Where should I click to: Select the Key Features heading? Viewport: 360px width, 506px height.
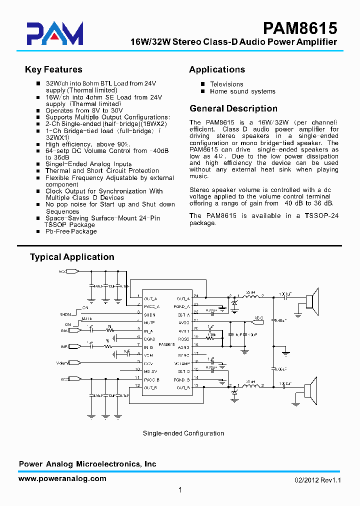pos(53,69)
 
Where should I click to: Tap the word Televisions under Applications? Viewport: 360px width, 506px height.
pos(226,84)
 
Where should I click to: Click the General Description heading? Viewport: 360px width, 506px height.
pos(233,108)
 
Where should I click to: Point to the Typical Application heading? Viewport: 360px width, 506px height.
pos(72,257)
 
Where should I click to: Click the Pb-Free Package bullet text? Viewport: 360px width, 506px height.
pos(71,231)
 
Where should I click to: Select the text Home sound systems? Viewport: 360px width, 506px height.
pos(242,91)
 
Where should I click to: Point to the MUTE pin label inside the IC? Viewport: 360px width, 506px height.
pos(149,323)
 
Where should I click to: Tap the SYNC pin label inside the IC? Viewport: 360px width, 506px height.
pos(183,354)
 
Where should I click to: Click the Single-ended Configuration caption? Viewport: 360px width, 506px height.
pos(183,433)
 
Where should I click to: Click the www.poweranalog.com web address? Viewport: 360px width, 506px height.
pos(62,478)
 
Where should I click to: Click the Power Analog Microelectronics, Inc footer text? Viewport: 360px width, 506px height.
pos(87,464)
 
